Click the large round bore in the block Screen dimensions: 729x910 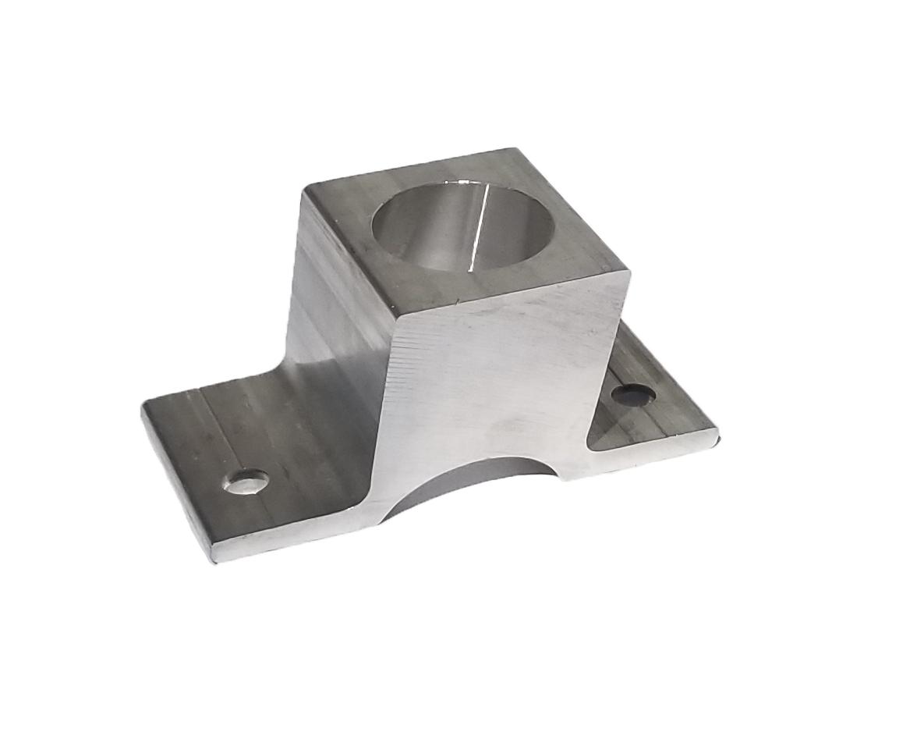[462, 226]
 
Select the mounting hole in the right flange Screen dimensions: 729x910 [632, 395]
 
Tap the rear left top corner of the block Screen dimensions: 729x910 [306, 187]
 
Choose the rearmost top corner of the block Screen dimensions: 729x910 [511, 150]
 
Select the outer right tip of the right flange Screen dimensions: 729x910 [715, 430]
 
